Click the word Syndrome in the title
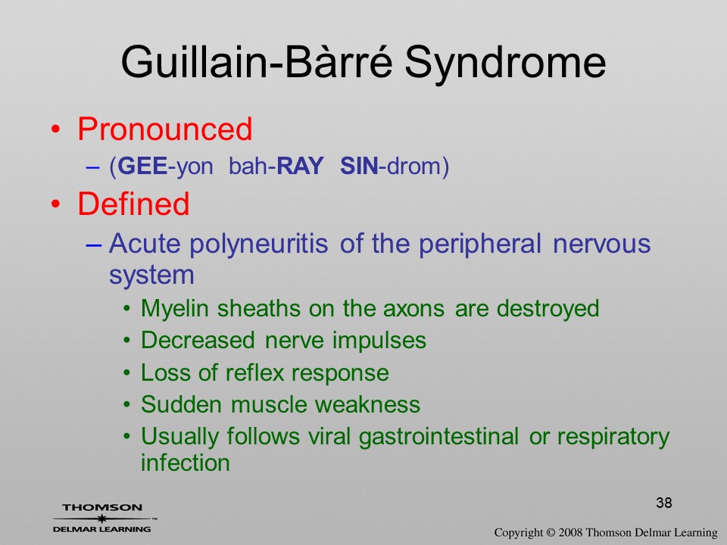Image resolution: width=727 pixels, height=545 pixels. [505, 64]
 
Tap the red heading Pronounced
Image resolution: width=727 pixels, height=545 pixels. [164, 129]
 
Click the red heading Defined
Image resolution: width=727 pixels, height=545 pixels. [133, 204]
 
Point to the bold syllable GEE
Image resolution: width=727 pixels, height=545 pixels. [142, 166]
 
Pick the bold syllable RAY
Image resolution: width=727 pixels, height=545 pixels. [300, 166]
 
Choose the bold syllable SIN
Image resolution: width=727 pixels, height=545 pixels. [359, 166]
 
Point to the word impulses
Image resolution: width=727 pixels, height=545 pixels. [379, 341]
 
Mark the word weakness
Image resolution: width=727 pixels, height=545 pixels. [368, 404]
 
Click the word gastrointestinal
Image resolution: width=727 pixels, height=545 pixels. [438, 437]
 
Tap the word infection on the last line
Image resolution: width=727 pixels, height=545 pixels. [186, 462]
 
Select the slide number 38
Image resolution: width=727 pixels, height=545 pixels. [664, 503]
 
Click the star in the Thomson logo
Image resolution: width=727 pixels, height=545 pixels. [101, 518]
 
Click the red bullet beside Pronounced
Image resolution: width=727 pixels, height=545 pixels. [55, 129]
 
